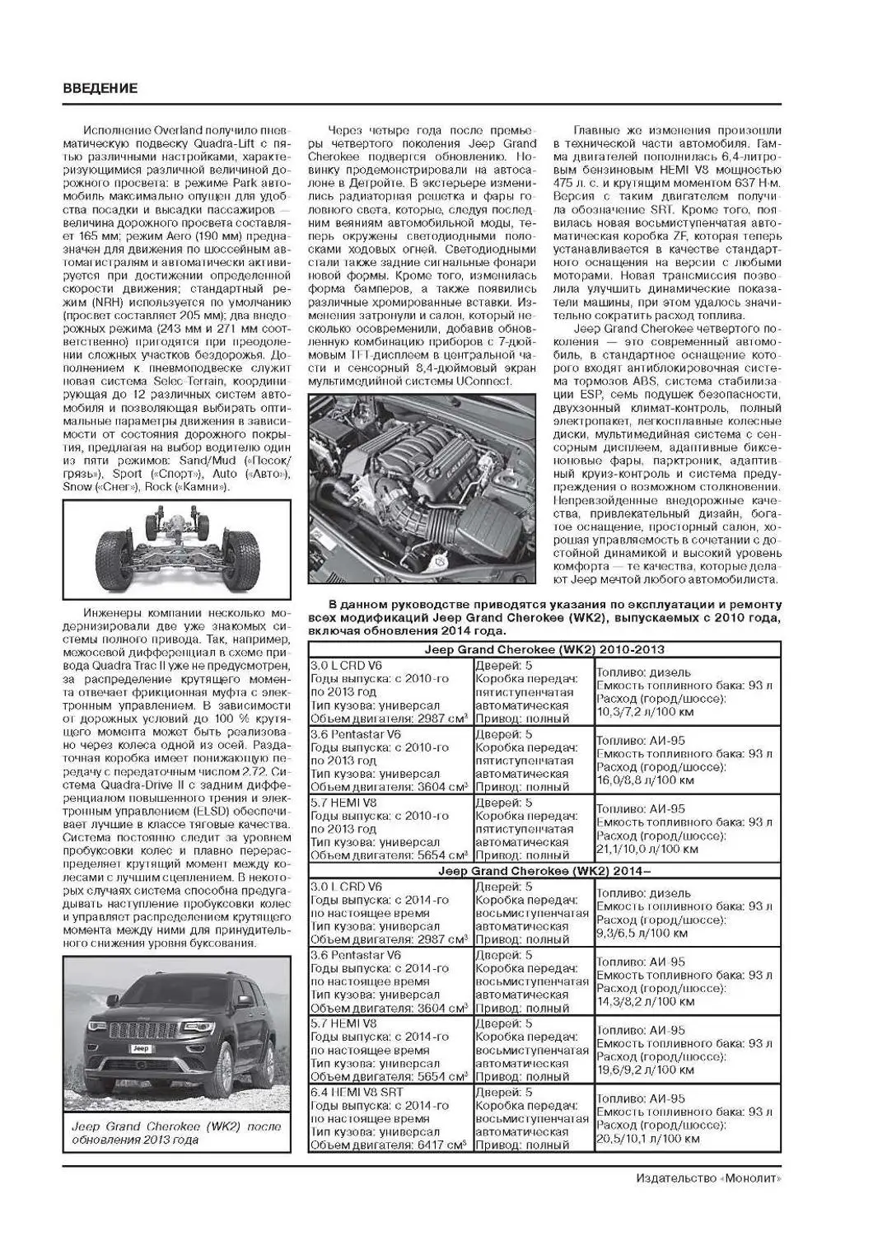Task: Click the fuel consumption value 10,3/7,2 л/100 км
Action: click(646, 711)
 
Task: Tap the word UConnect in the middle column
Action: click(485, 382)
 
